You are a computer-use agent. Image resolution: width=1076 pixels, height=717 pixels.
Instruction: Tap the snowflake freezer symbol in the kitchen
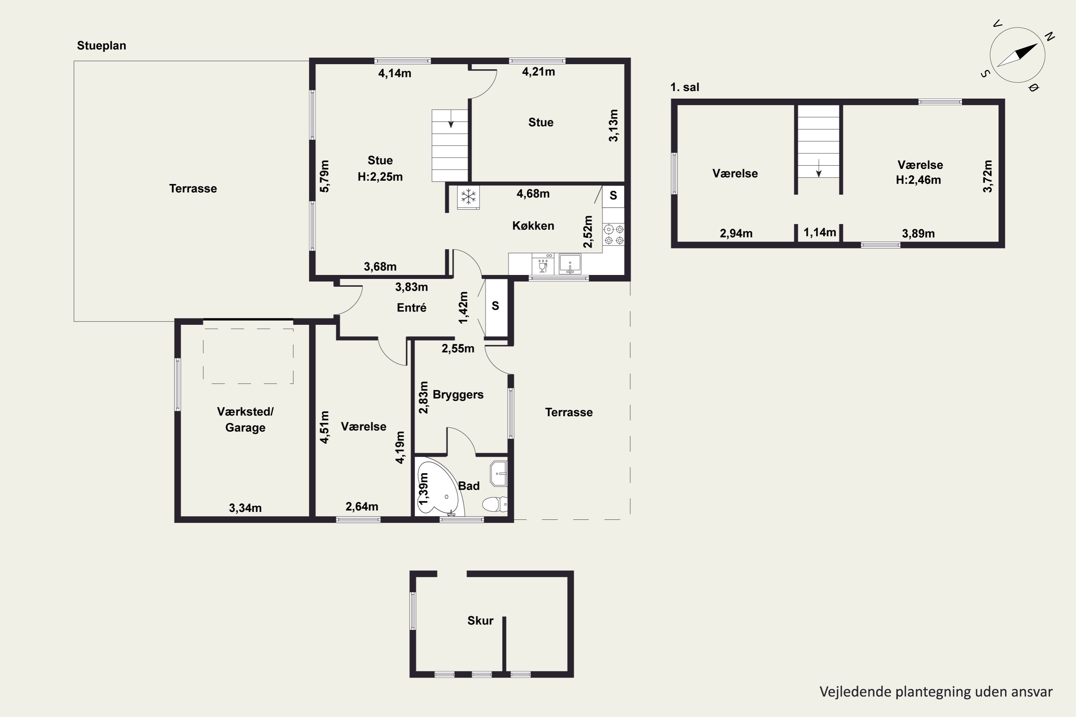pyautogui.click(x=468, y=198)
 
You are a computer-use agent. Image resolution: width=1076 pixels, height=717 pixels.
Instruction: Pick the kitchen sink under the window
pyautogui.click(x=570, y=264)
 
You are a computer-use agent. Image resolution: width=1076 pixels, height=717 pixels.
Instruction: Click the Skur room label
pyautogui.click(x=480, y=621)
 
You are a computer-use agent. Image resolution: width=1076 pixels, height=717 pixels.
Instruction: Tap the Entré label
pyautogui.click(x=412, y=308)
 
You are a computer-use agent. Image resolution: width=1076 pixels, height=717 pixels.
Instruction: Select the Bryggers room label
pyautogui.click(x=458, y=395)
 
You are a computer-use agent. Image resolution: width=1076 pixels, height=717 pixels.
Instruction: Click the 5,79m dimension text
pyautogui.click(x=324, y=176)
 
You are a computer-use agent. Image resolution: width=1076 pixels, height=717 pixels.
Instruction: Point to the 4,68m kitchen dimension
pyautogui.click(x=533, y=194)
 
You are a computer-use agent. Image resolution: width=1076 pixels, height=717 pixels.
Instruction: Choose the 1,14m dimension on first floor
pyautogui.click(x=820, y=232)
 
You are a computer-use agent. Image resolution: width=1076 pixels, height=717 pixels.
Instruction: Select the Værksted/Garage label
pyautogui.click(x=245, y=420)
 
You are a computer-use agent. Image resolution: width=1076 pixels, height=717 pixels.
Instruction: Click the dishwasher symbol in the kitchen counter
pyautogui.click(x=543, y=264)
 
